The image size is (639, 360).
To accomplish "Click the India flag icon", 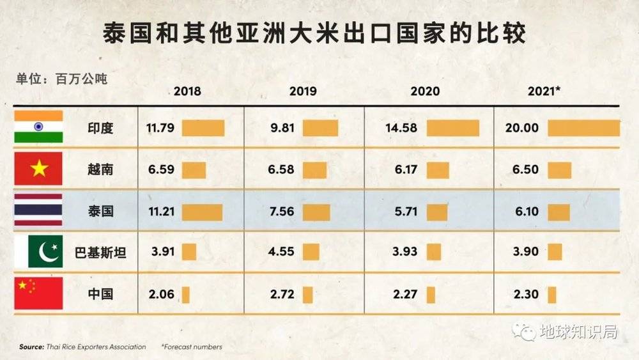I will coord(39,127).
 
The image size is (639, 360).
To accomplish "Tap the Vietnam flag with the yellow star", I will coord(39,169).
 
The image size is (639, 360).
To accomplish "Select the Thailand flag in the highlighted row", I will coord(39,210).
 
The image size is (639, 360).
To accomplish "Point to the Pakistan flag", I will coord(39,252).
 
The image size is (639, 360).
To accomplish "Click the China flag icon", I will coord(39,293).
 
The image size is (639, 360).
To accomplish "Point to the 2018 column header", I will coord(187,91).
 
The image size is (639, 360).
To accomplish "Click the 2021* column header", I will coord(544,91).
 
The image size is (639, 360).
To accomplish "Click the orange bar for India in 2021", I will coord(583,128).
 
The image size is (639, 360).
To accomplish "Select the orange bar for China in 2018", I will coord(186,294).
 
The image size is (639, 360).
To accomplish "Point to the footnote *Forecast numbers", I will coord(192,347).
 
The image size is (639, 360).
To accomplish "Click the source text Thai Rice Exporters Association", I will coord(96,347).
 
